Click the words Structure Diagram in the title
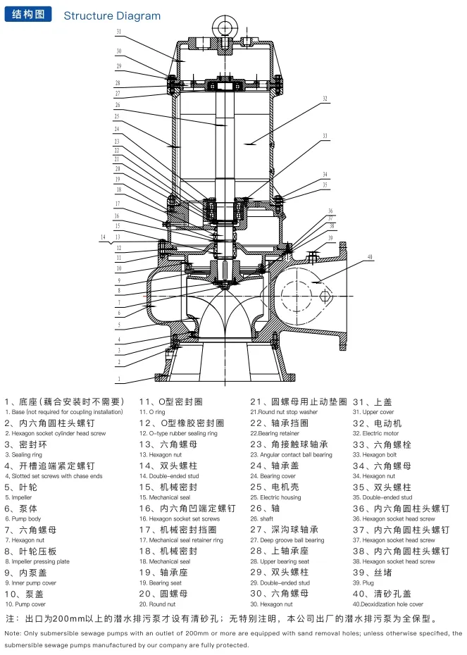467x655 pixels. tap(112, 15)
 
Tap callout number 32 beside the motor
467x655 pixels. tap(325, 99)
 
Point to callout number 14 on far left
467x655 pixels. tap(104, 237)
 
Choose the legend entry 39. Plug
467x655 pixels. tap(364, 582)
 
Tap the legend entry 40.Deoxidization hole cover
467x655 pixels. tap(388, 604)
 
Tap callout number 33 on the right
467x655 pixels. tap(325, 135)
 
